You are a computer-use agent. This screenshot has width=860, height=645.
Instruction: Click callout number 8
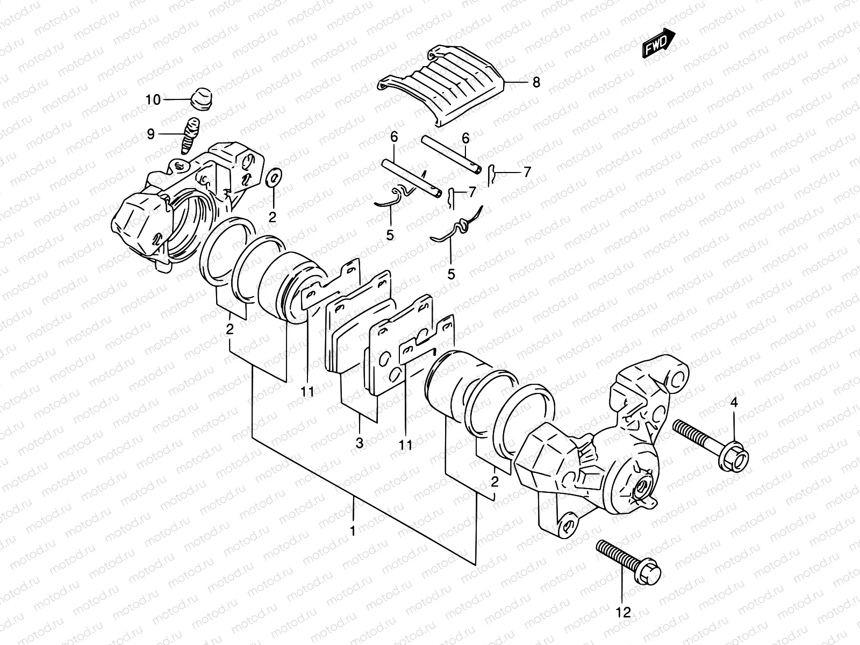(536, 83)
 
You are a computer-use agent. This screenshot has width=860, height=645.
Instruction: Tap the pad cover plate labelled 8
(446, 86)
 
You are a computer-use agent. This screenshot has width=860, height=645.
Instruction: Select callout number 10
(153, 100)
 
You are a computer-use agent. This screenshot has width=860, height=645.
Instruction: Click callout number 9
(150, 134)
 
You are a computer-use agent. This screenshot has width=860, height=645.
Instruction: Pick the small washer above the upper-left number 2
(274, 176)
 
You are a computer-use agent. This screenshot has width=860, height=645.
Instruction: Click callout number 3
(359, 443)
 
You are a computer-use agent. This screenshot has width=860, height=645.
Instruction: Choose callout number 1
(353, 532)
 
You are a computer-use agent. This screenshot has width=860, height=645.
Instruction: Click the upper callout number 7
(527, 172)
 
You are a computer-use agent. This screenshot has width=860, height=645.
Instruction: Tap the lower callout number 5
(451, 274)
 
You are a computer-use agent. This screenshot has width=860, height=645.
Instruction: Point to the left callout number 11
(307, 392)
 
